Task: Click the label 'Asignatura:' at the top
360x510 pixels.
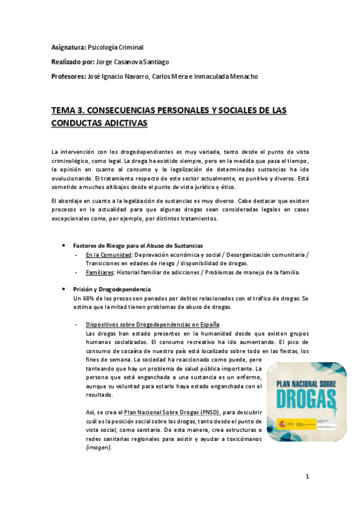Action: click(69, 47)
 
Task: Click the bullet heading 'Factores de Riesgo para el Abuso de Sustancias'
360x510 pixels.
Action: click(138, 246)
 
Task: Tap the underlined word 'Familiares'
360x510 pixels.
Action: click(100, 272)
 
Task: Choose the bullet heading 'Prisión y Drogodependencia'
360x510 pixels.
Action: click(112, 289)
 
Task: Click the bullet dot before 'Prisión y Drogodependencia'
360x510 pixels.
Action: click(65, 289)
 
